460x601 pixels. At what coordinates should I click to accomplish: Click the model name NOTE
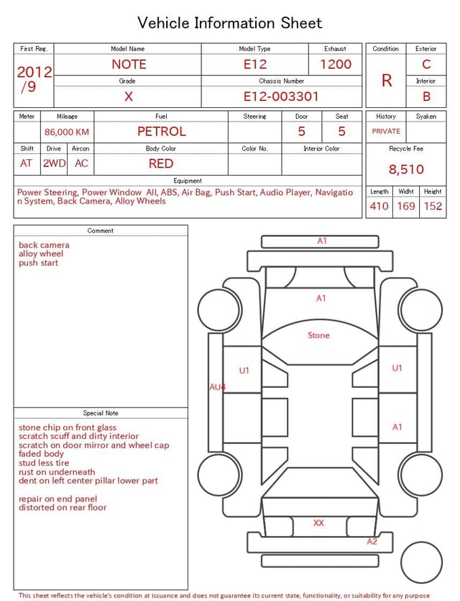point(129,64)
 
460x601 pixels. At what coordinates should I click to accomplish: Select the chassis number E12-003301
point(281,96)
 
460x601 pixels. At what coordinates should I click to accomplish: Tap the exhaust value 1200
point(336,64)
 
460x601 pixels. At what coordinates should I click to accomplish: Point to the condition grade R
point(387,81)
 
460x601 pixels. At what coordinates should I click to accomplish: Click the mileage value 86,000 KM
point(67,132)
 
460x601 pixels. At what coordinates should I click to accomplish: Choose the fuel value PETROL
point(162,132)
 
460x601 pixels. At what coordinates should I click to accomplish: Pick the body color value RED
point(161,163)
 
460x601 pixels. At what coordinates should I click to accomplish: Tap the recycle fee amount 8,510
point(406,169)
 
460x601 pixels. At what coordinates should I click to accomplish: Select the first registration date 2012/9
point(34,79)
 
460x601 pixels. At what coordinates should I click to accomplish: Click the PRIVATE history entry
point(386,132)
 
